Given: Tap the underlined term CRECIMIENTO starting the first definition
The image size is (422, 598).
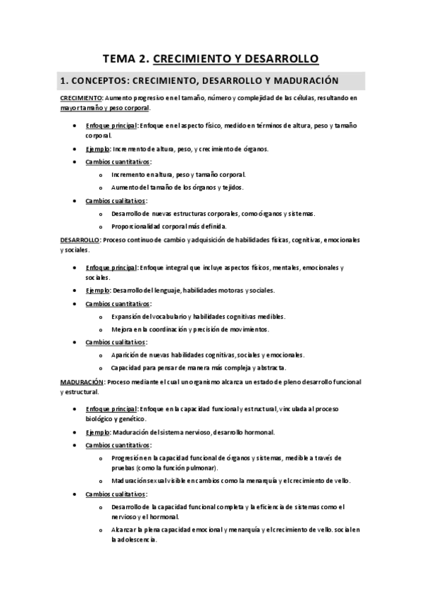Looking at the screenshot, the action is (x=81, y=98).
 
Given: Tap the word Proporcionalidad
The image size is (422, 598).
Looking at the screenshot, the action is (x=137, y=227).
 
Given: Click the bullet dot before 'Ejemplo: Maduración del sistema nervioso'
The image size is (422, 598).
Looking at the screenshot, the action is (x=75, y=432).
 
